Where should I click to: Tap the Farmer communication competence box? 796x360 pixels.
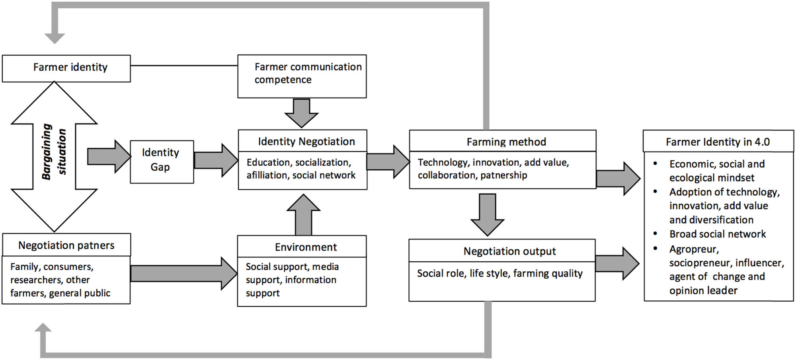302,76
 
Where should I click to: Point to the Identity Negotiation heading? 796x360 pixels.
306,141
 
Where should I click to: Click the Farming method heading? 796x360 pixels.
506,142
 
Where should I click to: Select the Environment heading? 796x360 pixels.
306,247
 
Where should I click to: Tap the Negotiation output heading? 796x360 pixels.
509,251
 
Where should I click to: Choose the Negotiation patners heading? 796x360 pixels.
66,245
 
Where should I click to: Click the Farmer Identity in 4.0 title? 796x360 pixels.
718,142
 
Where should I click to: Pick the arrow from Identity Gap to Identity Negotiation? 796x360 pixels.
215,160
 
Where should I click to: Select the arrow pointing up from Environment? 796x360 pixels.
303,215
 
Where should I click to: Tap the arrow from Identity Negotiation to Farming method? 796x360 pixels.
387,162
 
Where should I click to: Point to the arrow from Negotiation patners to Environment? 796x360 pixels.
183,273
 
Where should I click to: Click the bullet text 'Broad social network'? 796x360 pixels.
717,234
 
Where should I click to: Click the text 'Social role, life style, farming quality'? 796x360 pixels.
499,273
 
